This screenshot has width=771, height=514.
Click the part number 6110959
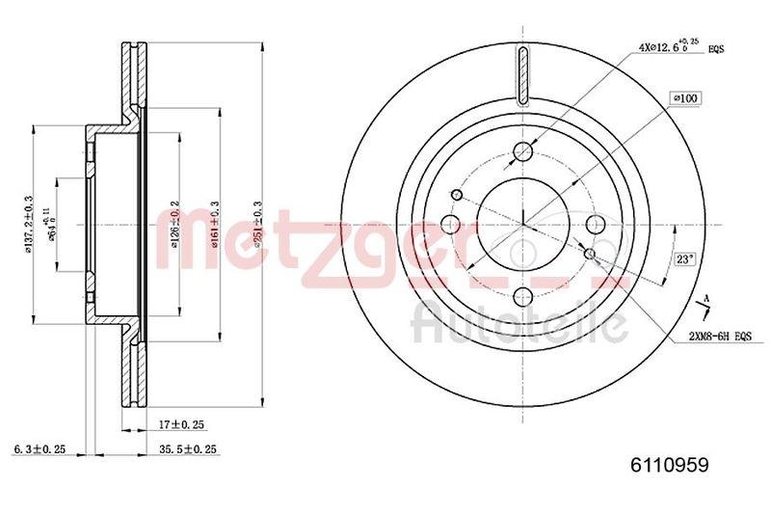tap(669, 465)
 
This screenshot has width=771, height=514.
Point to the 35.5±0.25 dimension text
tap(188, 449)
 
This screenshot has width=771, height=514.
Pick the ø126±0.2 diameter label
tap(175, 224)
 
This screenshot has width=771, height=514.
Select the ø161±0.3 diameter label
tap(215, 224)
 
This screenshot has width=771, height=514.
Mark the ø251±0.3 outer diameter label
tap(257, 224)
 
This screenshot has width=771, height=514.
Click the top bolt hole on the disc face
tap(522, 152)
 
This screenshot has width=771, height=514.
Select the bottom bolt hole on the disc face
tap(522, 297)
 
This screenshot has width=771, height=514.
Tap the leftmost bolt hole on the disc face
tap(450, 225)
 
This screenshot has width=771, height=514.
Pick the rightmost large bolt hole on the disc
tap(595, 225)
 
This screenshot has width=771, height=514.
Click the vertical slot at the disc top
tap(522, 75)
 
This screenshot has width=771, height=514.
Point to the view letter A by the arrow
tap(707, 296)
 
